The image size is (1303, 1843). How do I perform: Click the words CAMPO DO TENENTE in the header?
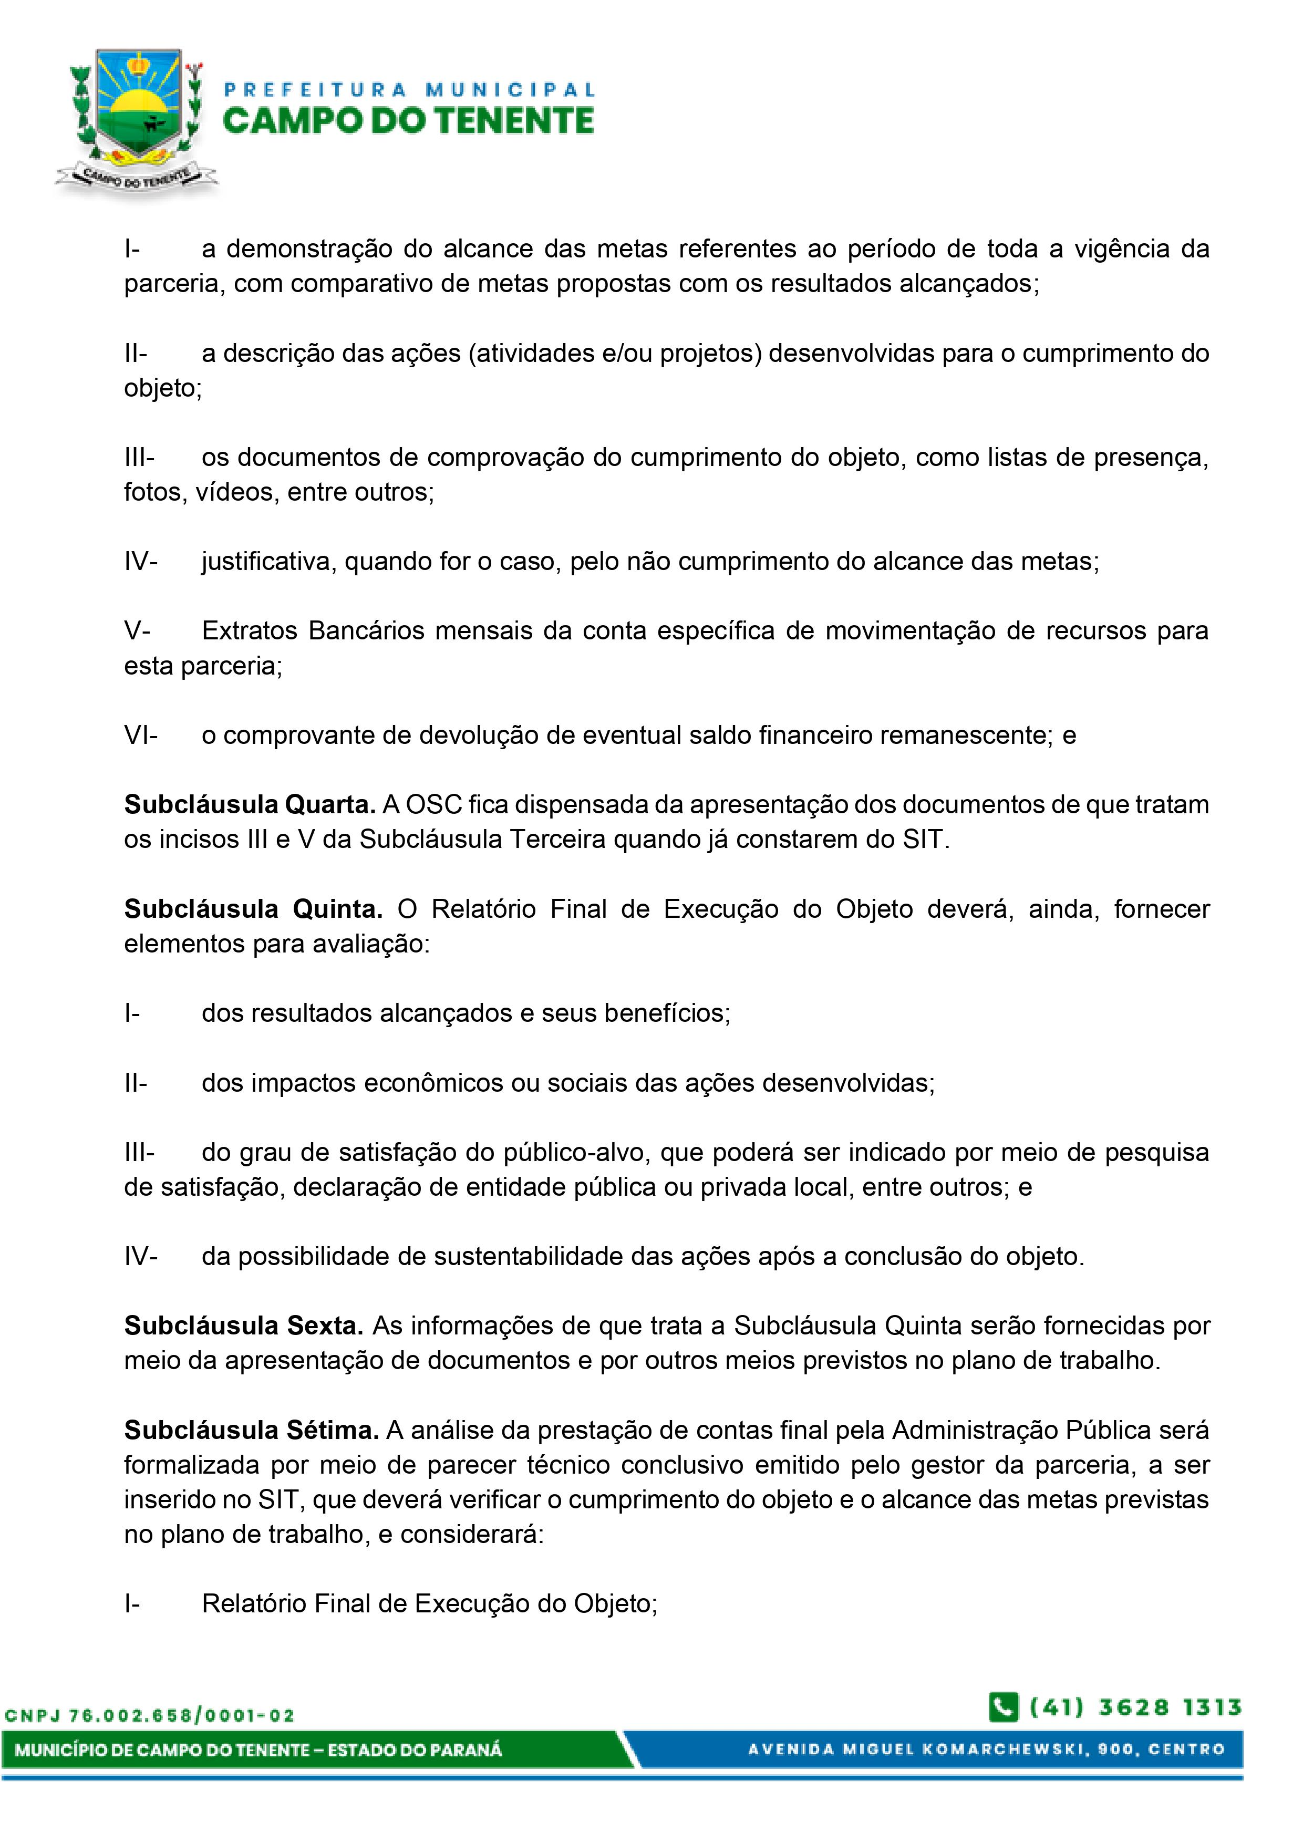pos(408,121)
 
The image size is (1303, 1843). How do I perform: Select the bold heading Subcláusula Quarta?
pos(250,804)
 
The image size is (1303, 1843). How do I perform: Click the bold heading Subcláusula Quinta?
pos(253,909)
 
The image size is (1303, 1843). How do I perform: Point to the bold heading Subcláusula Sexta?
pos(243,1326)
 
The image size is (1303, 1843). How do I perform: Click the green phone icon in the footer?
pos(1003,1706)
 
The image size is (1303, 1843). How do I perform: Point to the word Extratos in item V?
pos(250,631)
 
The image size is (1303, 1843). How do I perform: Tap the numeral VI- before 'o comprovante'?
pos(140,736)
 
